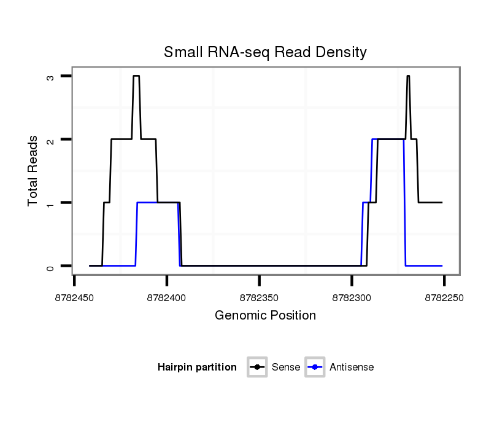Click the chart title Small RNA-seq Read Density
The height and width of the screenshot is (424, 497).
pyautogui.click(x=265, y=52)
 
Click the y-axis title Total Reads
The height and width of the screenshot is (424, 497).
pyautogui.click(x=33, y=171)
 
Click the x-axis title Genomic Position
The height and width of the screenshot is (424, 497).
pyautogui.click(x=265, y=316)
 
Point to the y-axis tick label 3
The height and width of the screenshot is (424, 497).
pyautogui.click(x=51, y=76)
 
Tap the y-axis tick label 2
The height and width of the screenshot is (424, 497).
pyautogui.click(x=51, y=139)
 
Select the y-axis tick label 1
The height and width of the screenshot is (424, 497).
pyautogui.click(x=51, y=203)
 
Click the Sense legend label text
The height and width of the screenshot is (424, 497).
pyautogui.click(x=287, y=367)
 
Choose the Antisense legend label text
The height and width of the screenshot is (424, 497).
pyautogui.click(x=352, y=367)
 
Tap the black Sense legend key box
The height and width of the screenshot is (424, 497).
pyautogui.click(x=258, y=367)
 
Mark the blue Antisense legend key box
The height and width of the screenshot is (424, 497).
pyautogui.click(x=315, y=367)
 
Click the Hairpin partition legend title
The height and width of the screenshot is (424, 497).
pyautogui.click(x=197, y=367)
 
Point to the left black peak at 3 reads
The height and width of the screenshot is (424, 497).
pyautogui.click(x=136, y=76)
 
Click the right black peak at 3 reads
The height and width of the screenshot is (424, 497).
pyautogui.click(x=408, y=76)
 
